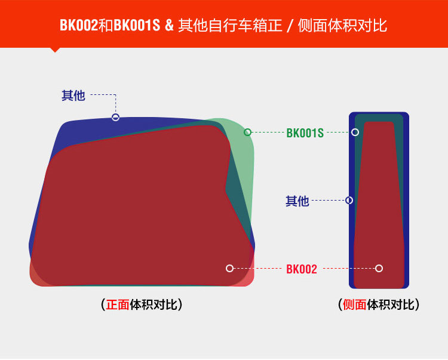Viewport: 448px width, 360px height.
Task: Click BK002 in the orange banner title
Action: (78, 26)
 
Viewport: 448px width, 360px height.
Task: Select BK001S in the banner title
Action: (137, 26)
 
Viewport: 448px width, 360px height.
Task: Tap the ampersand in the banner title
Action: (169, 26)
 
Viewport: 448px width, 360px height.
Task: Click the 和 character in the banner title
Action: (105, 26)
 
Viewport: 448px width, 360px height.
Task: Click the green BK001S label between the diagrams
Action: (305, 133)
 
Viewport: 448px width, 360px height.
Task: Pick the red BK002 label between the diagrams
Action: (302, 269)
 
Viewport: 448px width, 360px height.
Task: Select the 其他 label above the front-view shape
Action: (73, 95)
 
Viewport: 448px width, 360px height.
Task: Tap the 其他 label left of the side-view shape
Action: (297, 201)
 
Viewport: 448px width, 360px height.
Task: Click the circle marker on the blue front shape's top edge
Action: (116, 117)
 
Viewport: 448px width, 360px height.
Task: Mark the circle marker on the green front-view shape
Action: (248, 132)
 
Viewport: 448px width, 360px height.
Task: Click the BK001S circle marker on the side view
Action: (355, 132)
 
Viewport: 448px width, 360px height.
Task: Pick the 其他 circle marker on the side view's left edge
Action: (349, 201)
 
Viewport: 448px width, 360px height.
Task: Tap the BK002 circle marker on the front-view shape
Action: (229, 269)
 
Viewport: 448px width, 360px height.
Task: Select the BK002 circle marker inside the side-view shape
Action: (379, 269)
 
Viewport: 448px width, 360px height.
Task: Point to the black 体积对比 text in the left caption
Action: (152, 304)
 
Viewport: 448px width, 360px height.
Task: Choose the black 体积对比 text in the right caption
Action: (389, 304)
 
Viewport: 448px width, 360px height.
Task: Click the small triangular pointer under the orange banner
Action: (56, 50)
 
